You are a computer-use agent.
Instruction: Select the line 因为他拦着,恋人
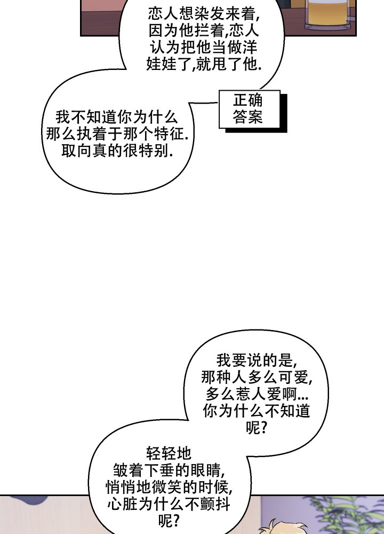point(203,30)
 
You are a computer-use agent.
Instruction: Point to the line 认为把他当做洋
point(203,47)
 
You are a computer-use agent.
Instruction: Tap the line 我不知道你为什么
point(116,117)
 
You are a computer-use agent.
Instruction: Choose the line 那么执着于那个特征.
point(117,134)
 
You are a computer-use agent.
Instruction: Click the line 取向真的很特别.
point(117,151)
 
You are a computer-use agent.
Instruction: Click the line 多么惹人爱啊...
point(257,394)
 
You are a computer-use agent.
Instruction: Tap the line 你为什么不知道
point(257,411)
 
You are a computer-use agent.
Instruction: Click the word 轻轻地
point(169,453)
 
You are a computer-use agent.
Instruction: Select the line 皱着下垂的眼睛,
point(169,470)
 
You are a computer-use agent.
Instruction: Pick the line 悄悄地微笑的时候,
point(169,488)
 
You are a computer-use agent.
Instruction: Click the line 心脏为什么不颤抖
point(169,504)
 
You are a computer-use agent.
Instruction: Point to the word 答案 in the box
point(248,117)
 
